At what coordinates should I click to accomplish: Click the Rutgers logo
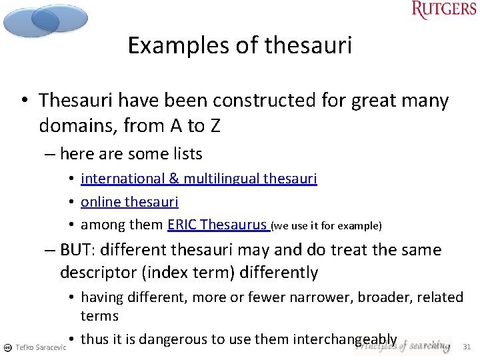(444, 10)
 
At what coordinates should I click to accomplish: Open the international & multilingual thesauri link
(199, 179)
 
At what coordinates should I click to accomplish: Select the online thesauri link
(129, 201)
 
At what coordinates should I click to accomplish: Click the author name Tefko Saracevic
(41, 347)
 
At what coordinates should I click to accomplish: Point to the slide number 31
(467, 346)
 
